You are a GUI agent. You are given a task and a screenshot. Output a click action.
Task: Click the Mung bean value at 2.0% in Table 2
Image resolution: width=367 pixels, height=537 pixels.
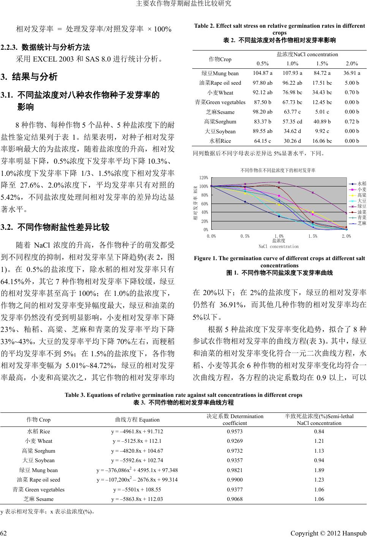click(x=351, y=73)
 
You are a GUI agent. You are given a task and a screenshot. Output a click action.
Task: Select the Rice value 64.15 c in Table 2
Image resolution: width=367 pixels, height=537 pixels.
click(x=262, y=141)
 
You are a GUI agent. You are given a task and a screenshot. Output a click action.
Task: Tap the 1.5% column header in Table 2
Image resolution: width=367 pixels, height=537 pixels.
click(x=323, y=63)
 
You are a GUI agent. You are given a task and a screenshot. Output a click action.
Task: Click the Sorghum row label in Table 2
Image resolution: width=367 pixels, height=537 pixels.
click(x=220, y=122)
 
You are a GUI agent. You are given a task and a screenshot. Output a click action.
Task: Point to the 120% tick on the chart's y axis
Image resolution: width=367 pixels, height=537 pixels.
click(x=204, y=178)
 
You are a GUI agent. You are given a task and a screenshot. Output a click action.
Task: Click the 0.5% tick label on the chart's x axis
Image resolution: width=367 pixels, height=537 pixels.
click(x=245, y=236)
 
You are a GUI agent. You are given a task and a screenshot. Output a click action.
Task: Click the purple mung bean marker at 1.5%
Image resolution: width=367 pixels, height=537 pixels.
click(x=313, y=193)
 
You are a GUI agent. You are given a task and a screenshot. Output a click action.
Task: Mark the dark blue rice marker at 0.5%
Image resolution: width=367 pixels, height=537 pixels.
click(x=245, y=202)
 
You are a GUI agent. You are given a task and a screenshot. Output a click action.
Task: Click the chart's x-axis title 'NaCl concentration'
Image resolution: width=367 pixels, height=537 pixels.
click(x=278, y=246)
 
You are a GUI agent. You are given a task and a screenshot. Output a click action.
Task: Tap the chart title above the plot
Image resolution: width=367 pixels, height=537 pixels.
click(x=278, y=170)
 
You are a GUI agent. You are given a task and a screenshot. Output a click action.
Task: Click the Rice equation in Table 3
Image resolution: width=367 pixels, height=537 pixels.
click(x=137, y=431)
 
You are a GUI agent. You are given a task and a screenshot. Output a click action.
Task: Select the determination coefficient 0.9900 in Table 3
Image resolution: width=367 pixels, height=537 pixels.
click(x=234, y=480)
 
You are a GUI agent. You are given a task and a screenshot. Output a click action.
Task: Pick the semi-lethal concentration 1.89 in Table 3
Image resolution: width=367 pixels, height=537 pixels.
click(x=319, y=470)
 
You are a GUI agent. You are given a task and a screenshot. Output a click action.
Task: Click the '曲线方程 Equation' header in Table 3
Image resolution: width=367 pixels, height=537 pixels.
click(x=137, y=420)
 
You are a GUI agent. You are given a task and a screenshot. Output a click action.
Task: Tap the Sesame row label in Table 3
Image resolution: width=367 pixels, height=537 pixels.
click(x=38, y=499)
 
